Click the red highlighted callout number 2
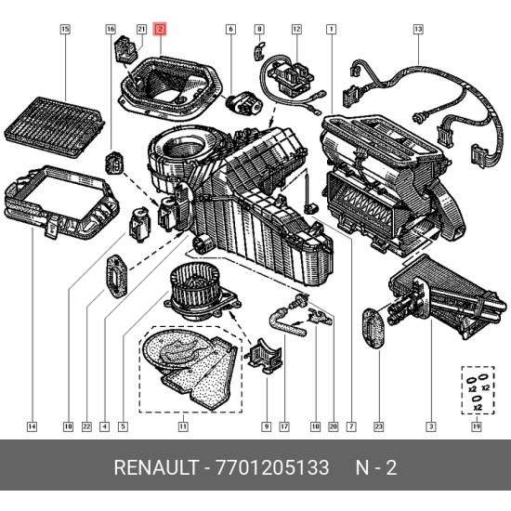[161, 30]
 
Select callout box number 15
[65, 29]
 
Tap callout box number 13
[418, 29]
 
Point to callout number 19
[477, 426]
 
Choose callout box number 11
[183, 426]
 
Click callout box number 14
[32, 426]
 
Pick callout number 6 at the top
[230, 29]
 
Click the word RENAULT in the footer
[156, 467]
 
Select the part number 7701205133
[272, 467]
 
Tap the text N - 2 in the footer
[376, 467]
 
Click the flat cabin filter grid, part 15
[55, 126]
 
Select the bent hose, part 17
[287, 323]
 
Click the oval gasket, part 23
[374, 328]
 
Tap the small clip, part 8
[259, 50]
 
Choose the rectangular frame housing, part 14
[61, 203]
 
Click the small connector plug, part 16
[114, 162]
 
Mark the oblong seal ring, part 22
[117, 276]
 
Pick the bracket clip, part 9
[265, 356]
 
